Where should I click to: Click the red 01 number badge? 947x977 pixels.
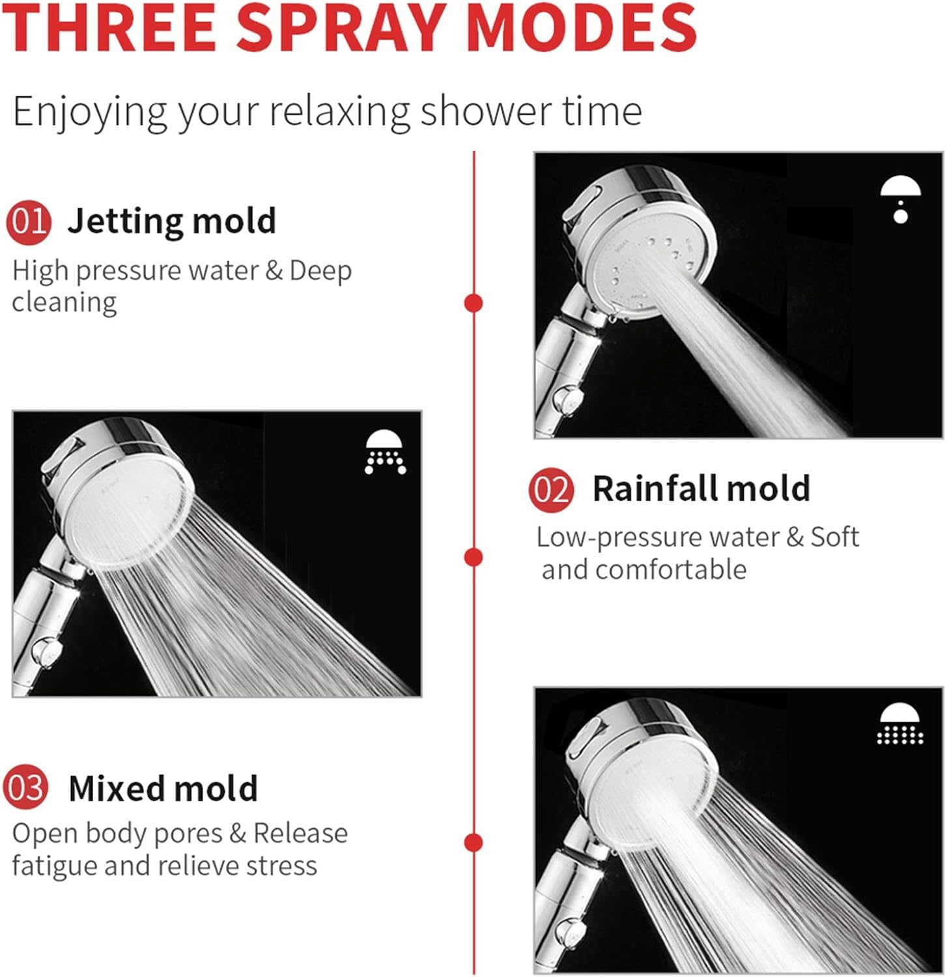click(29, 222)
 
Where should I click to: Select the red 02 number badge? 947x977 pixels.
click(552, 490)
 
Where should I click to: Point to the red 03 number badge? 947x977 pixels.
click(26, 787)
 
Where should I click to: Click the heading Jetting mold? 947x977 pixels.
click(172, 221)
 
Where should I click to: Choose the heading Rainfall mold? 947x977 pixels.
click(701, 488)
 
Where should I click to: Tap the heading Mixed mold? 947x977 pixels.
click(163, 788)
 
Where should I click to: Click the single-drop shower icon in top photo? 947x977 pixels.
click(901, 198)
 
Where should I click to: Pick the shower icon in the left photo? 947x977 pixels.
click(386, 452)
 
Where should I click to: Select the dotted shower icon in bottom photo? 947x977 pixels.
click(900, 724)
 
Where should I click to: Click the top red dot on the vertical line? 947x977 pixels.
click(474, 303)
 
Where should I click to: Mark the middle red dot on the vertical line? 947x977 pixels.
click(474, 558)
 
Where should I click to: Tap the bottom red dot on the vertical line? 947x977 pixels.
click(474, 842)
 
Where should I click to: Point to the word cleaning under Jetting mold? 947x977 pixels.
click(64, 302)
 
